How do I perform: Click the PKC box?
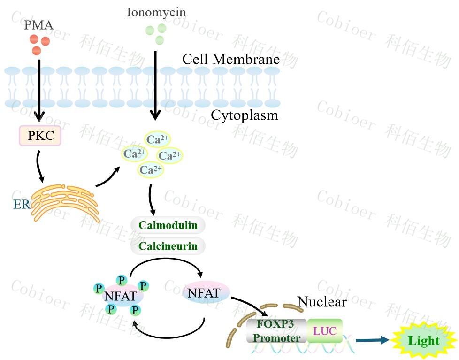click(x=40, y=136)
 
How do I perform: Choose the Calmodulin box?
click(x=168, y=226)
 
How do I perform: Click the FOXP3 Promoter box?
click(x=276, y=330)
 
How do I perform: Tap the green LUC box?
click(x=325, y=330)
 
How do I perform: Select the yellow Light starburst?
click(x=423, y=341)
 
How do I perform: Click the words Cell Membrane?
click(x=230, y=60)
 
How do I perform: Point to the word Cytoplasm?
click(x=244, y=115)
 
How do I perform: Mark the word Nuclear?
click(x=322, y=301)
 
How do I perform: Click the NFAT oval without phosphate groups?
click(x=204, y=293)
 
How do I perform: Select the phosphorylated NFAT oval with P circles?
click(x=121, y=296)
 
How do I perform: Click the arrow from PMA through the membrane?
click(x=39, y=89)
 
